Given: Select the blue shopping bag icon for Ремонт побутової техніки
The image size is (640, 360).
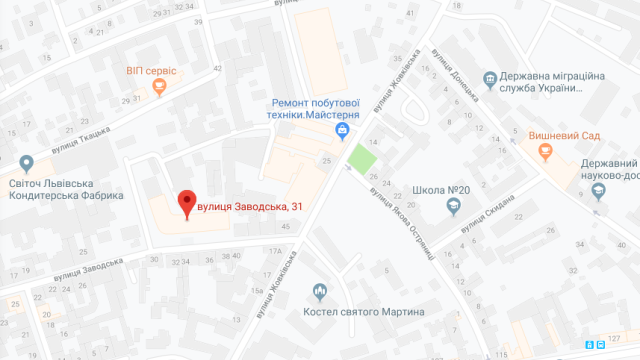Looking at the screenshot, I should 342,131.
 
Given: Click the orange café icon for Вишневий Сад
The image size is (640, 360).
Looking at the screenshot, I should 545,150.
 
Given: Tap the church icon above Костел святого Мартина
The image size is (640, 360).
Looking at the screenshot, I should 319,291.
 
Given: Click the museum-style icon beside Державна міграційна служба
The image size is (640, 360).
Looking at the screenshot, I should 489,78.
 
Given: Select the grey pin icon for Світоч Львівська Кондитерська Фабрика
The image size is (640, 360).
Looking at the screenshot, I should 26,163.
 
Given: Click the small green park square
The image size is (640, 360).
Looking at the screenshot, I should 362,158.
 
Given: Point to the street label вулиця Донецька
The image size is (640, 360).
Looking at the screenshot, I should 455,75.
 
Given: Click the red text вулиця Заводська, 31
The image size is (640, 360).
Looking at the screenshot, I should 250,206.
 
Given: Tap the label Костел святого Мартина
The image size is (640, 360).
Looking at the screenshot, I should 363,312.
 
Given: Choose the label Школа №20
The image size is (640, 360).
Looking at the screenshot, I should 435,190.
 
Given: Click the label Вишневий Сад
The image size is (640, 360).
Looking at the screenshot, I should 564,136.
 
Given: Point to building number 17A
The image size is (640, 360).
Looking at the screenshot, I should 275,250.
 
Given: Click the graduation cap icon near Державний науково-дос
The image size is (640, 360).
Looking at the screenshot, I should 598,190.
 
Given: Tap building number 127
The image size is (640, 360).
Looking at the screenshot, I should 614,338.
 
